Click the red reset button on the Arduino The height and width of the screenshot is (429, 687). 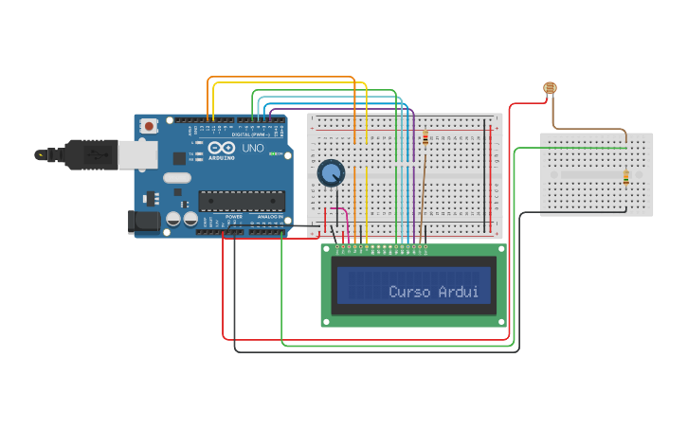pos(149,126)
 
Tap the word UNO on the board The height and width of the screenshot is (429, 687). pos(253,149)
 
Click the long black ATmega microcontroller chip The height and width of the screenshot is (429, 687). pos(241,200)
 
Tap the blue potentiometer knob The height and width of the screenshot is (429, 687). pos(331,173)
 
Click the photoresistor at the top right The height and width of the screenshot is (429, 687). pos(550,89)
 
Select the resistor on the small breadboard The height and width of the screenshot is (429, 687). pos(626,177)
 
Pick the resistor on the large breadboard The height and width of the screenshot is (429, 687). pos(425,138)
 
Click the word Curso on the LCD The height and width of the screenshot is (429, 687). pos(410,292)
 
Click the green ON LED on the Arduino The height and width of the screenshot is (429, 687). pos(274,153)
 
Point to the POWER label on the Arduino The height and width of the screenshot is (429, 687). pos(234,217)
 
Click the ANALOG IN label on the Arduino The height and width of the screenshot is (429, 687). pos(269,217)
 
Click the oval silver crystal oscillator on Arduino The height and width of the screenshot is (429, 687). pos(177,177)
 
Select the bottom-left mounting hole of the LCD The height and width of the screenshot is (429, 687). pos(328,322)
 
